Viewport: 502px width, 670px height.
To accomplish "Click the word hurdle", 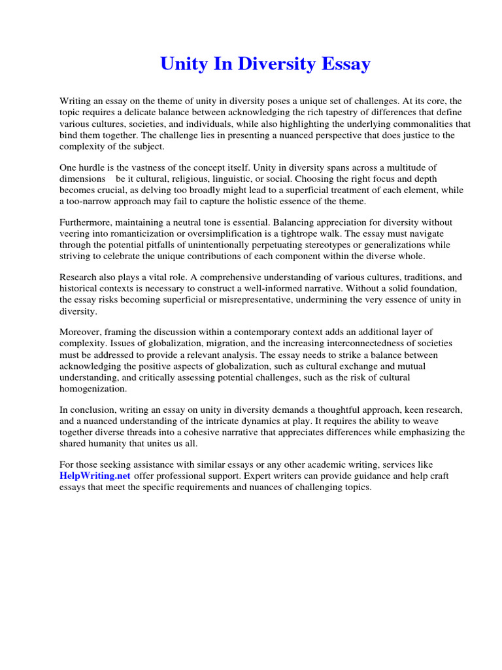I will tap(95, 167).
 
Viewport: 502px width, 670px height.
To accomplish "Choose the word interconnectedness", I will tap(371, 344).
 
